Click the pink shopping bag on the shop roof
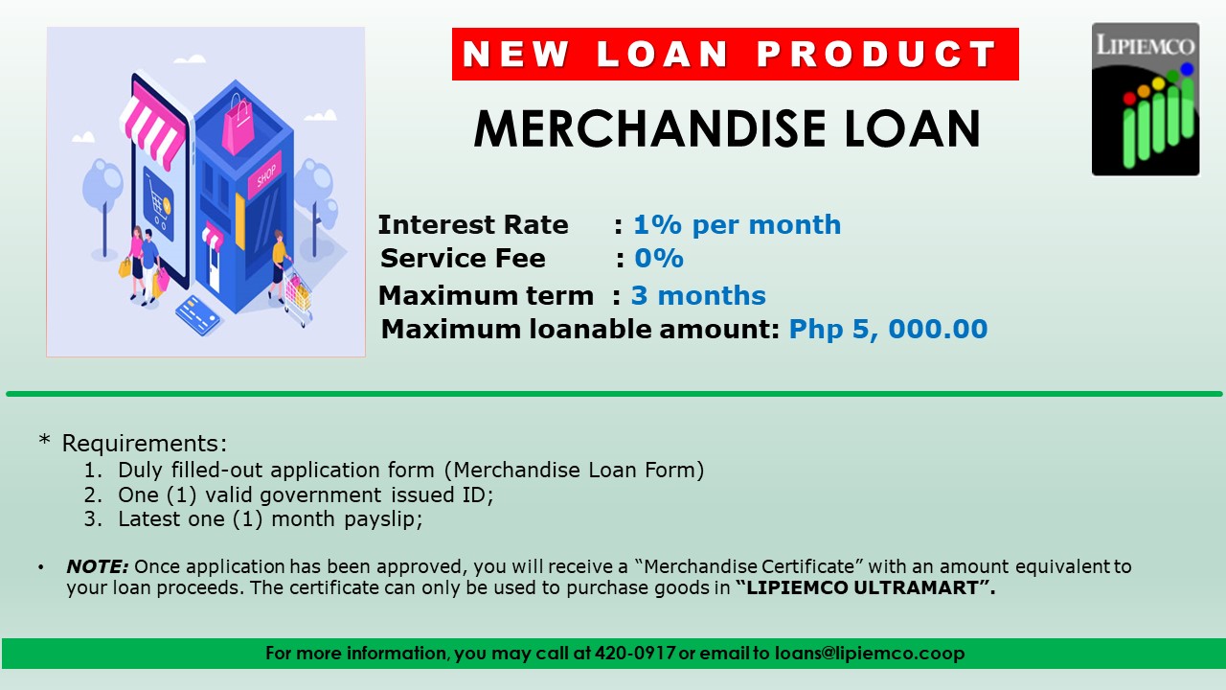pos(238,126)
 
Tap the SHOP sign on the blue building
pos(265,175)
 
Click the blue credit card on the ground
pos(198,313)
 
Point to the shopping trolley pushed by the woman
pos(298,291)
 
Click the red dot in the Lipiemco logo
pos(1129,98)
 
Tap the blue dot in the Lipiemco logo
pos(1187,69)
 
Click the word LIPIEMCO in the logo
pos(1146,45)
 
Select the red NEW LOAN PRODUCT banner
pos(735,54)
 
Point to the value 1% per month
pos(737,225)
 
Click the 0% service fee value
pos(659,259)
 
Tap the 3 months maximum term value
pos(698,295)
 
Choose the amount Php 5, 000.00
pos(888,330)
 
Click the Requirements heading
pos(144,444)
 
